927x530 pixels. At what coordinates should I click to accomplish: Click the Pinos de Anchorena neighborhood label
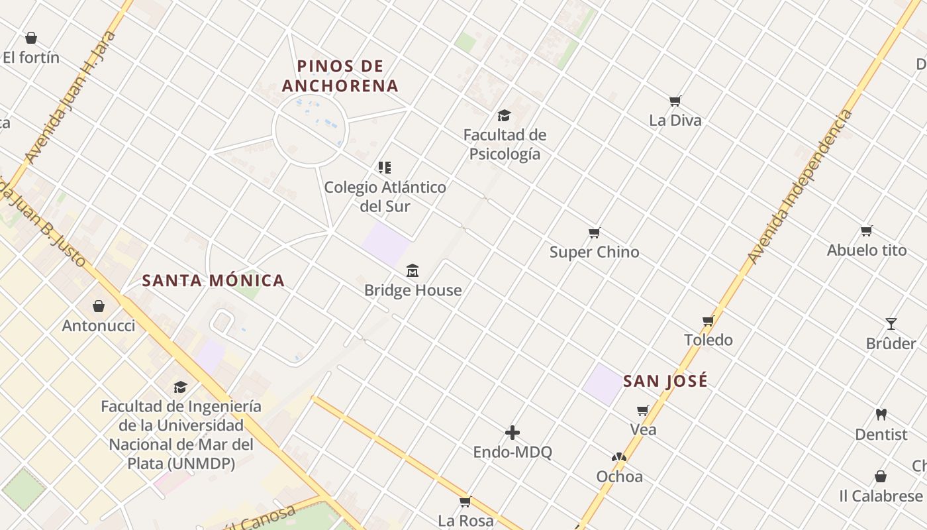[x=340, y=76]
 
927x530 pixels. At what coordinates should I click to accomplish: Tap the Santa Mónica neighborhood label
[x=213, y=280]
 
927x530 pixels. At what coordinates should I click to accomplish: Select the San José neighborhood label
[x=665, y=381]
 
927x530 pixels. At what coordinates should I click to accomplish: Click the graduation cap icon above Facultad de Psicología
[x=505, y=115]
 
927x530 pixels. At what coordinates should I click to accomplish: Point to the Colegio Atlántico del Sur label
[x=385, y=196]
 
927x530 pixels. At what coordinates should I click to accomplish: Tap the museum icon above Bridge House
[x=413, y=270]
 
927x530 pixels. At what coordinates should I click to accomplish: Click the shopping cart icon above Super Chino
[x=594, y=233]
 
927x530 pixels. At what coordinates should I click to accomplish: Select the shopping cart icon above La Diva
[x=675, y=101]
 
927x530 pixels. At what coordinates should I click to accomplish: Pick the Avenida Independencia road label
[x=799, y=187]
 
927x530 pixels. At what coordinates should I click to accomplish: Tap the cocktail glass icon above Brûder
[x=891, y=324]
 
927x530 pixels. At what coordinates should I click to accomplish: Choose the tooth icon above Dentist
[x=881, y=415]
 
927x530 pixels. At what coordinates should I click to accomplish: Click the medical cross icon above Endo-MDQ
[x=512, y=433]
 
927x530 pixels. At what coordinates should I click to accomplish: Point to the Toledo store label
[x=708, y=340]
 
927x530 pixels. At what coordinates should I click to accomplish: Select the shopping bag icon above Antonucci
[x=99, y=306]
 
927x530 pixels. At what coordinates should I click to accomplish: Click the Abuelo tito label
[x=867, y=250]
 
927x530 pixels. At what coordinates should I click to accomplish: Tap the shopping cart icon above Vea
[x=642, y=411]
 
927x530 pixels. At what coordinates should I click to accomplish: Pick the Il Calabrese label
[x=881, y=496]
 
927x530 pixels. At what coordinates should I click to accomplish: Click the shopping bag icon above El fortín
[x=30, y=38]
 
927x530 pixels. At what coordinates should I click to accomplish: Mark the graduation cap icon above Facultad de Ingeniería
[x=180, y=386]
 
